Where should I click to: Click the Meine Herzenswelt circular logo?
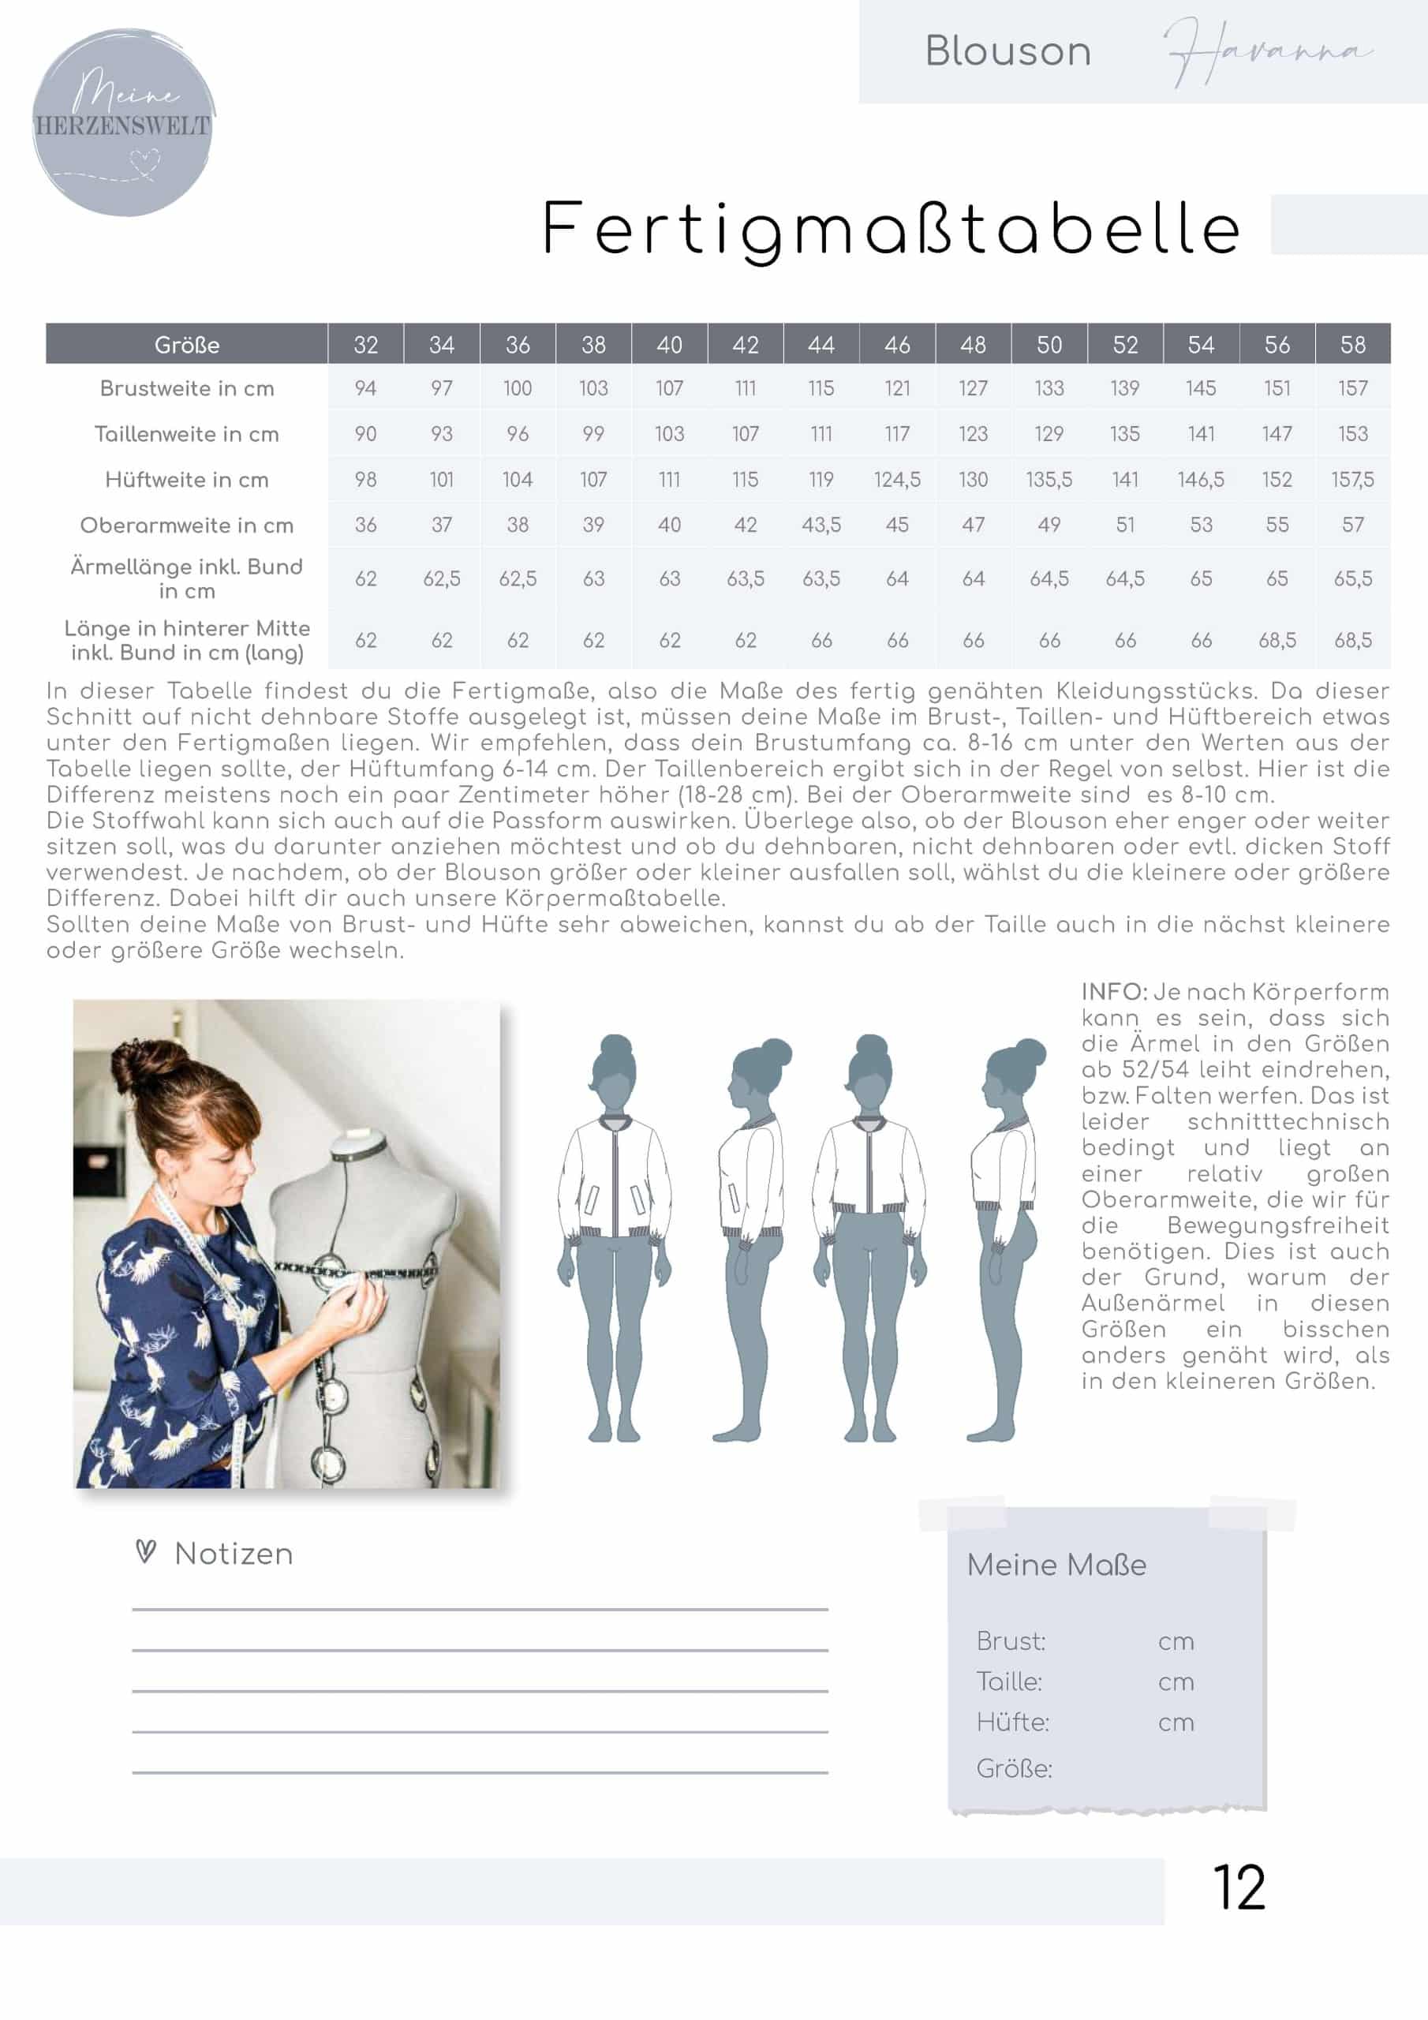click(123, 122)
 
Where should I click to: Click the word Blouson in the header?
click(1007, 52)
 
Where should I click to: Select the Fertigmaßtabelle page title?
click(891, 229)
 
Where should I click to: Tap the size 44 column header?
click(821, 345)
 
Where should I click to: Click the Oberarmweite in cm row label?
click(186, 526)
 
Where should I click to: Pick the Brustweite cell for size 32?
click(365, 388)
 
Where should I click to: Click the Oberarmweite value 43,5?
click(821, 526)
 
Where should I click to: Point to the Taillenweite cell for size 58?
click(1352, 434)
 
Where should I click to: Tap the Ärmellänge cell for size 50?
click(1049, 579)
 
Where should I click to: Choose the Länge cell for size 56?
click(1277, 641)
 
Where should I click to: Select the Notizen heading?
click(234, 1554)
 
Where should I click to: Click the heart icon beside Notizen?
click(146, 1552)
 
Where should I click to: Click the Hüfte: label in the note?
click(1013, 1722)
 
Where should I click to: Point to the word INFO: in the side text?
click(1114, 993)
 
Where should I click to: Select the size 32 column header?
click(365, 345)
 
